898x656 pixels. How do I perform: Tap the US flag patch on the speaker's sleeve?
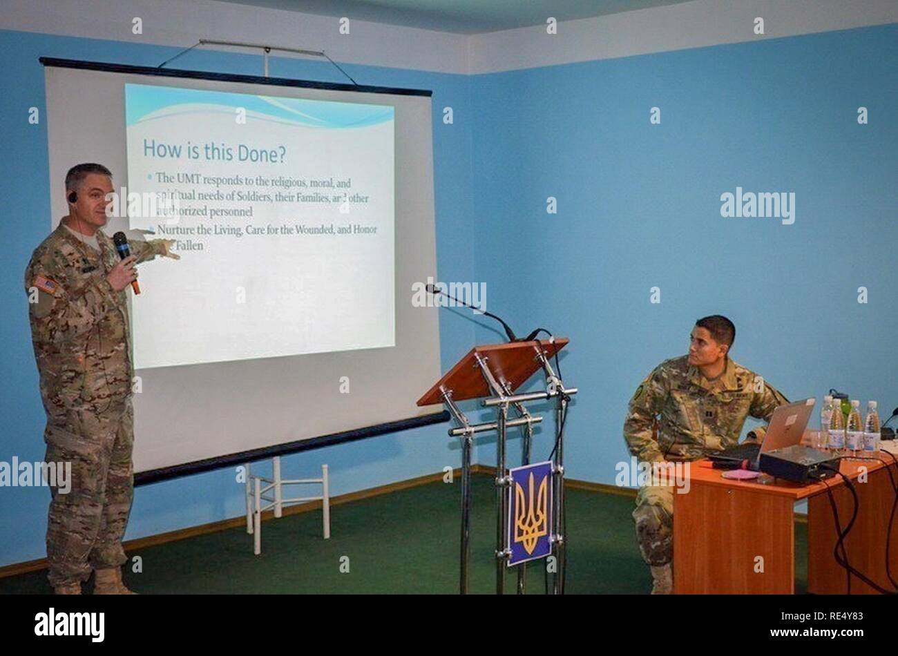pyautogui.click(x=45, y=284)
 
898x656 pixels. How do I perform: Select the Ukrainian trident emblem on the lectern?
pyautogui.click(x=531, y=512)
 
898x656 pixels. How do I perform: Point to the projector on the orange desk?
pyautogui.click(x=798, y=463)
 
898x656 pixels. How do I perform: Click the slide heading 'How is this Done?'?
pyautogui.click(x=214, y=151)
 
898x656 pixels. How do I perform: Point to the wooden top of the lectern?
pyautogui.click(x=492, y=369)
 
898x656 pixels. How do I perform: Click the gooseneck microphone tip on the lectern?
pyautogui.click(x=430, y=288)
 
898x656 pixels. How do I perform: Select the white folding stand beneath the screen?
pyautogui.click(x=287, y=497)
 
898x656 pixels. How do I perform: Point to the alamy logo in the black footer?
pyautogui.click(x=69, y=625)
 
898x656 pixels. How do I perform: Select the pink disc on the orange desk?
pyautogui.click(x=740, y=474)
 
